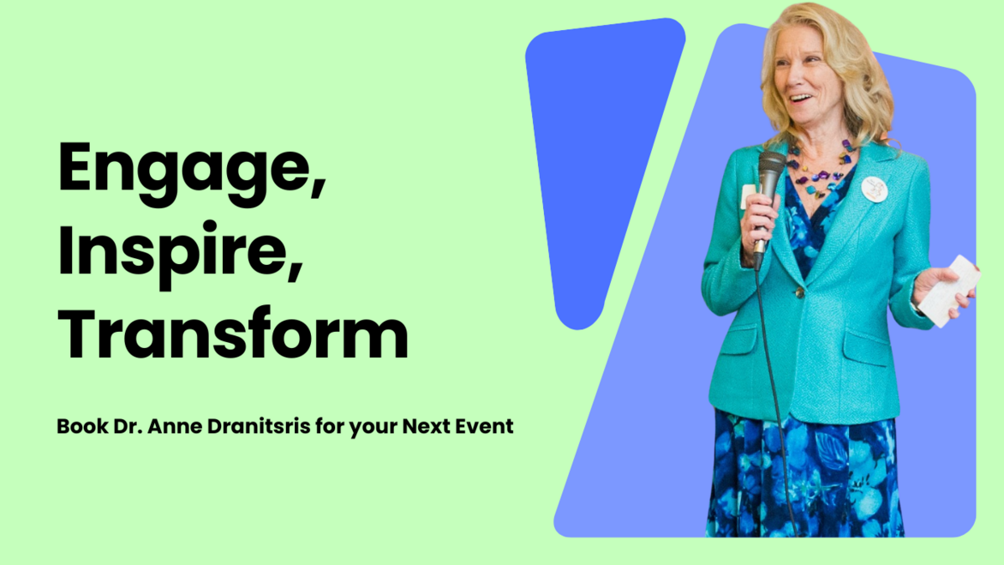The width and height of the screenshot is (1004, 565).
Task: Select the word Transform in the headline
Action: tap(233, 334)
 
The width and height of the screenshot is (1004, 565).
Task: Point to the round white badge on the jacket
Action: tap(874, 189)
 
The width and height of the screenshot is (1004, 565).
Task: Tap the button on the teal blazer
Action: tap(799, 292)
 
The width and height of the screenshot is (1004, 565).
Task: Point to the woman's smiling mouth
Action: tap(800, 99)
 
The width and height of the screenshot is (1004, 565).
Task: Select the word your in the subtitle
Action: tap(373, 427)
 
